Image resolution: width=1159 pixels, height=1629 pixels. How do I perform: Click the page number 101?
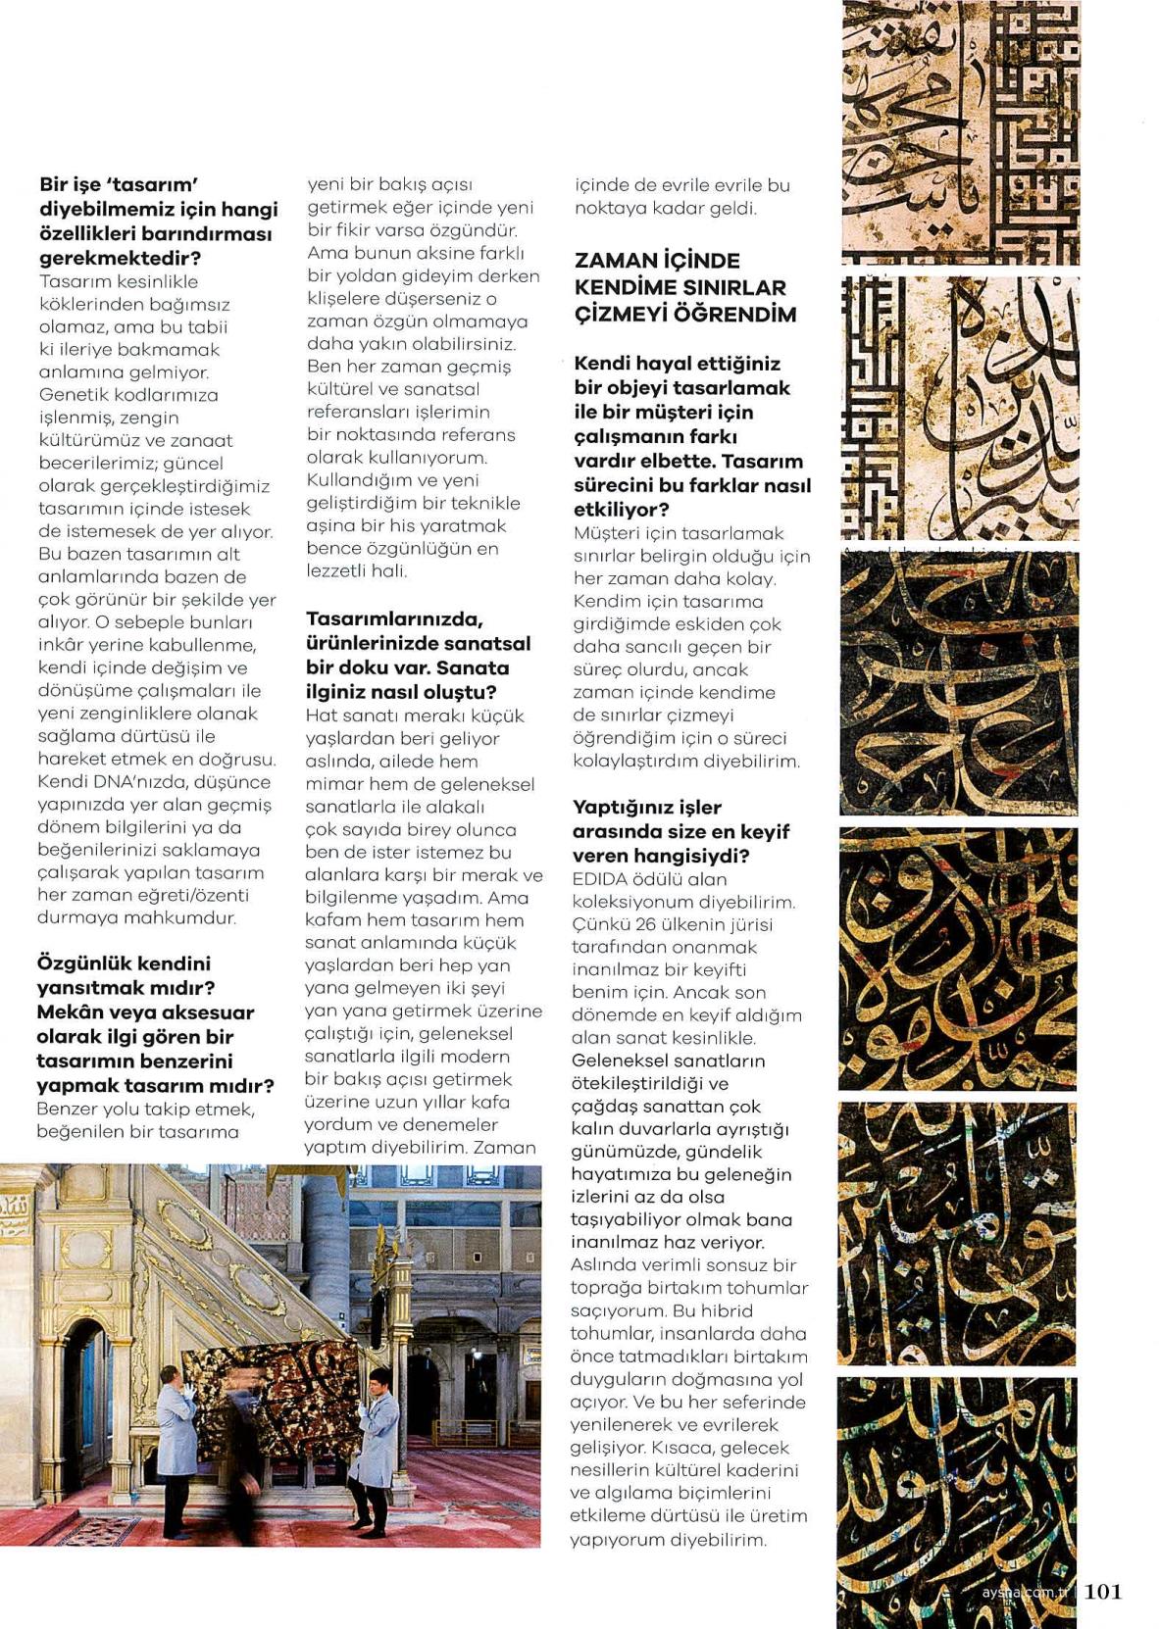click(x=1103, y=1591)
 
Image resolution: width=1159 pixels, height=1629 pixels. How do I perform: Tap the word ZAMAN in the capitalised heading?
click(x=616, y=262)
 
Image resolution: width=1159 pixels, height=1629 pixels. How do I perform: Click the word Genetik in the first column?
click(x=73, y=395)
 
